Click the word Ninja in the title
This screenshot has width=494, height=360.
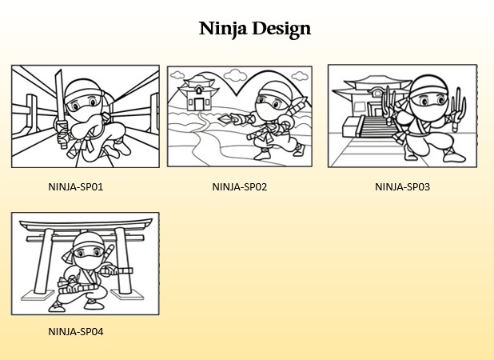tap(222, 29)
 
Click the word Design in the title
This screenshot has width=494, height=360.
tap(281, 29)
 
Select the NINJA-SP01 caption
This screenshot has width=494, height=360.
tap(76, 187)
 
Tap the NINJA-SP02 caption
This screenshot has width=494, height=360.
tap(240, 187)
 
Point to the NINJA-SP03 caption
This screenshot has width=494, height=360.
tap(402, 187)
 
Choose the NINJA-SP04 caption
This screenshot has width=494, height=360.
tap(76, 332)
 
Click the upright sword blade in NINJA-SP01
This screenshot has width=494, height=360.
tap(59, 91)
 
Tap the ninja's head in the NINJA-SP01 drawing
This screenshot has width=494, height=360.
tap(84, 97)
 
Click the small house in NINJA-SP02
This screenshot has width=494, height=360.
tap(198, 93)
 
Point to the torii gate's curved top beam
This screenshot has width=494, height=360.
tap(86, 224)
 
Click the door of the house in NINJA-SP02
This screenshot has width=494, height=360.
tap(199, 103)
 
